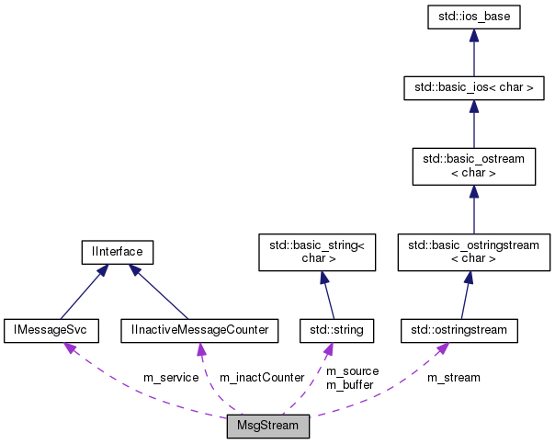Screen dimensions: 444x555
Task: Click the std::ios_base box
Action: click(473, 17)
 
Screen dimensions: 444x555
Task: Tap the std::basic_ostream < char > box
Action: click(473, 165)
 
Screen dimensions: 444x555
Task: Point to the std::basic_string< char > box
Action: click(317, 252)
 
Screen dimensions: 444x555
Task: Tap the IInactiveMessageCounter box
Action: click(199, 329)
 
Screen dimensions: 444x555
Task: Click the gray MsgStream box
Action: click(268, 427)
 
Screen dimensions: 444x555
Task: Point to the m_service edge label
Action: click(171, 378)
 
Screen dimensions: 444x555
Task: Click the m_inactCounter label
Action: click(261, 378)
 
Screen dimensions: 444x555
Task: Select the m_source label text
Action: click(352, 371)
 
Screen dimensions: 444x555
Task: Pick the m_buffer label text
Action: click(350, 384)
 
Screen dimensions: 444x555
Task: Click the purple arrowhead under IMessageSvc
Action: click(69, 348)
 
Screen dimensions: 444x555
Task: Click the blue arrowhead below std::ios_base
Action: click(473, 36)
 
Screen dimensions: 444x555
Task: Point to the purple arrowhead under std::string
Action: click(326, 349)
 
